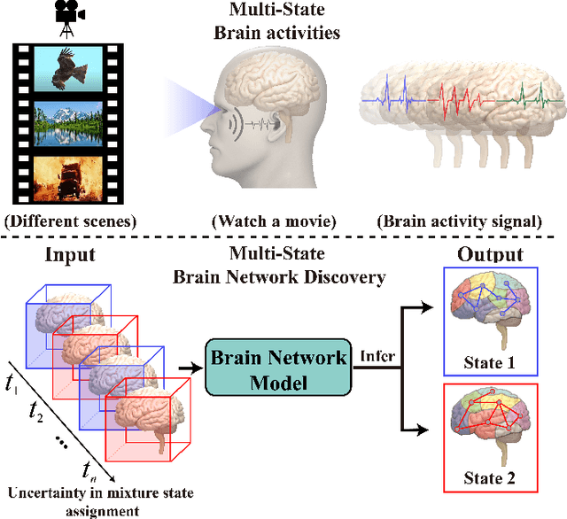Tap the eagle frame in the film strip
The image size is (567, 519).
tap(63, 70)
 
